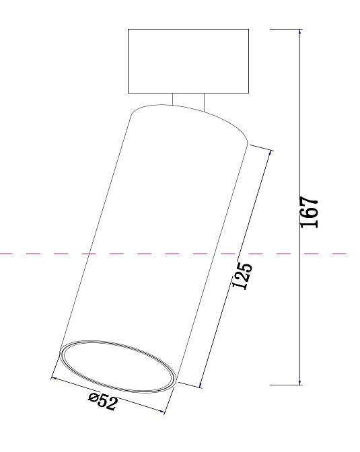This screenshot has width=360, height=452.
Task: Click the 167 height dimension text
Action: click(309, 213)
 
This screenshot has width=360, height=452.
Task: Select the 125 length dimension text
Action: click(242, 276)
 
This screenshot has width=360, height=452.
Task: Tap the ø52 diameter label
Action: click(102, 402)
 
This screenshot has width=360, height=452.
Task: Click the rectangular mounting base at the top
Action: click(188, 61)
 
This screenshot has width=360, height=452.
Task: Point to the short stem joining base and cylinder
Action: click(188, 100)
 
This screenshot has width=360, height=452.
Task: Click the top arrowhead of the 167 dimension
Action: click(299, 32)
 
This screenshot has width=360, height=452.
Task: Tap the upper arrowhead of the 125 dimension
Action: click(270, 153)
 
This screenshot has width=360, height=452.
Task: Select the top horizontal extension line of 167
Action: click(286, 29)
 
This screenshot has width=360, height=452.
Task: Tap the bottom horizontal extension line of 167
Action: click(286, 385)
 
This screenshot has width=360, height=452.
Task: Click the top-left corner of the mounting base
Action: click(128, 29)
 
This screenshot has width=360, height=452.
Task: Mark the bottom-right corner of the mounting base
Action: click(248, 92)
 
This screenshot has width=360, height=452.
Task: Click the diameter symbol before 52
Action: click(93, 398)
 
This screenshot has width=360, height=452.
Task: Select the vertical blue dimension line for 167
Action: click(299, 135)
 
